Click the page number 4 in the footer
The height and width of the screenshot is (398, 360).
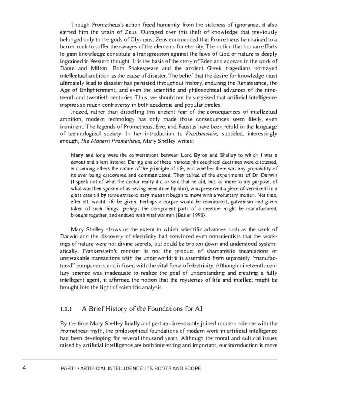24,368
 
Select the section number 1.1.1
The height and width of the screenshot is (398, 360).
66,309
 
